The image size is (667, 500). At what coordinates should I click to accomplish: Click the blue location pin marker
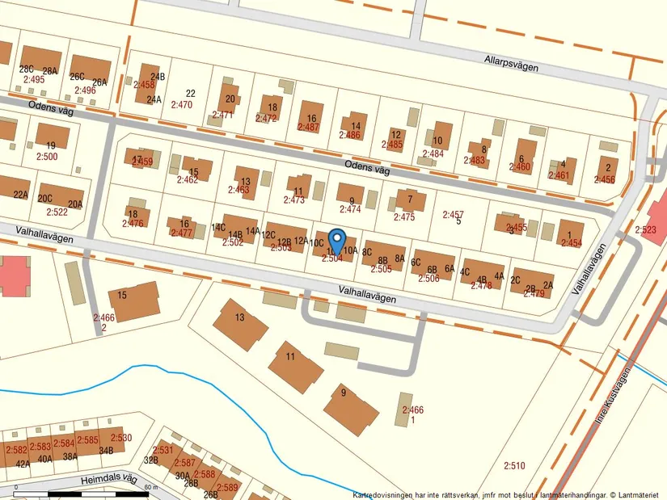[x=337, y=241]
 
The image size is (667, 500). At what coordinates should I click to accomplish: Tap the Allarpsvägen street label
[x=511, y=63]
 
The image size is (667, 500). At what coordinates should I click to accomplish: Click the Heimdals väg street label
[x=109, y=481]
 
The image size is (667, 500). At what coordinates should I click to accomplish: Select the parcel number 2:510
[x=514, y=465]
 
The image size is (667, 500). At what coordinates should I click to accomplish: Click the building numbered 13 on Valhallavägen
[x=240, y=324]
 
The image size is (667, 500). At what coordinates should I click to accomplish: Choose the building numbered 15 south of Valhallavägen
[x=133, y=301]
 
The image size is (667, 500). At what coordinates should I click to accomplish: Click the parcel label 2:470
[x=182, y=105]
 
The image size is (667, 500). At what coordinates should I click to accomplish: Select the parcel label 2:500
[x=47, y=157]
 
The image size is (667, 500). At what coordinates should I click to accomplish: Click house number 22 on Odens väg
[x=191, y=94]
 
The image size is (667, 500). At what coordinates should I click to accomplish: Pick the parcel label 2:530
[x=120, y=439]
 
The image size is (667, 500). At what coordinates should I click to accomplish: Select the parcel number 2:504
[x=332, y=258]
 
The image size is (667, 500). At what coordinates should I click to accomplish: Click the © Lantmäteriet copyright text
[x=634, y=494]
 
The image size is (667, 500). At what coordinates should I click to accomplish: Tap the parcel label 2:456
[x=604, y=179]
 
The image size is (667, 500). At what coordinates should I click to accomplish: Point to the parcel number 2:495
[x=34, y=80]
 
